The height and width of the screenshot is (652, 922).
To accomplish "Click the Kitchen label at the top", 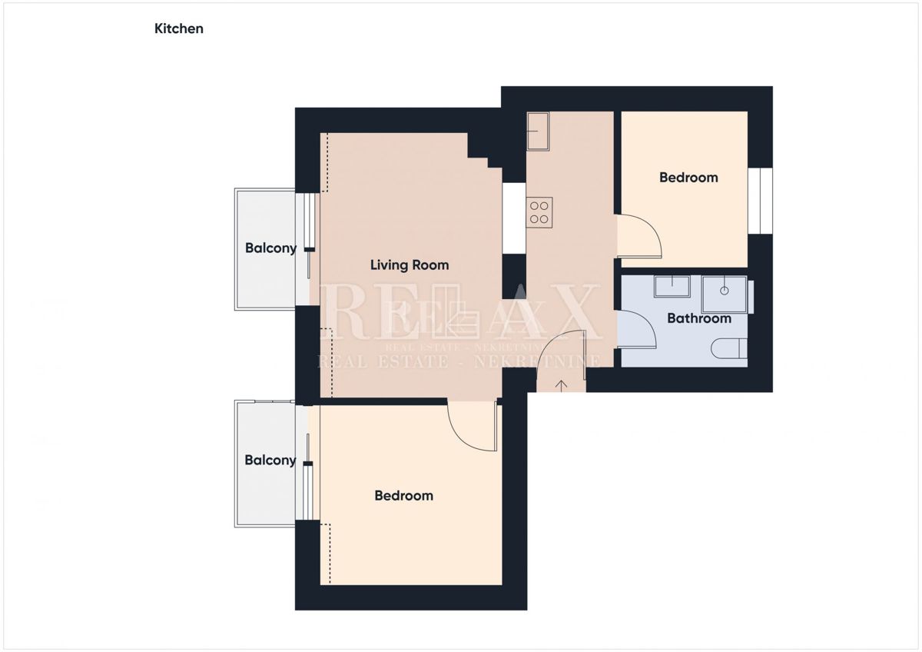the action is point(178,28).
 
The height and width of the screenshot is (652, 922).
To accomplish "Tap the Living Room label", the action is point(410,264).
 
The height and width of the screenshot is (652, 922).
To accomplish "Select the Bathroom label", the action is point(699,318).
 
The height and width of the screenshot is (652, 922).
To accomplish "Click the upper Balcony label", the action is point(270,248).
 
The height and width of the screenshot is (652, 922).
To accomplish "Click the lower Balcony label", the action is point(270,460).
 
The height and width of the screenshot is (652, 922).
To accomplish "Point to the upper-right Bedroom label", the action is point(688,178).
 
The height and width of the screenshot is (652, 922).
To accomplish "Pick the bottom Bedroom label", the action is point(404,495).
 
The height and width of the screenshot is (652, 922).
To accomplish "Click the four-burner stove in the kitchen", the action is point(539,212).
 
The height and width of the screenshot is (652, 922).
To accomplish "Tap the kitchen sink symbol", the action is point(538,131).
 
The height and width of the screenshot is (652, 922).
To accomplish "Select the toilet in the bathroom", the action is point(729,348).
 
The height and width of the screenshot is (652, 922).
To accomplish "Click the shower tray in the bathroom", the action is point(724,294).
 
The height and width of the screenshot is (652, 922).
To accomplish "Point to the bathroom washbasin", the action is point(672,286).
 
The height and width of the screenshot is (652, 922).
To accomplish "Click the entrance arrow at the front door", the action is point(562,385).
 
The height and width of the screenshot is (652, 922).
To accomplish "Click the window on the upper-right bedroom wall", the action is point(760,201).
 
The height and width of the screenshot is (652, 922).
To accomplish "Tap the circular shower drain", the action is point(725,291).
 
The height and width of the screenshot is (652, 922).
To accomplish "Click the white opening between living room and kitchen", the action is point(514,218).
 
